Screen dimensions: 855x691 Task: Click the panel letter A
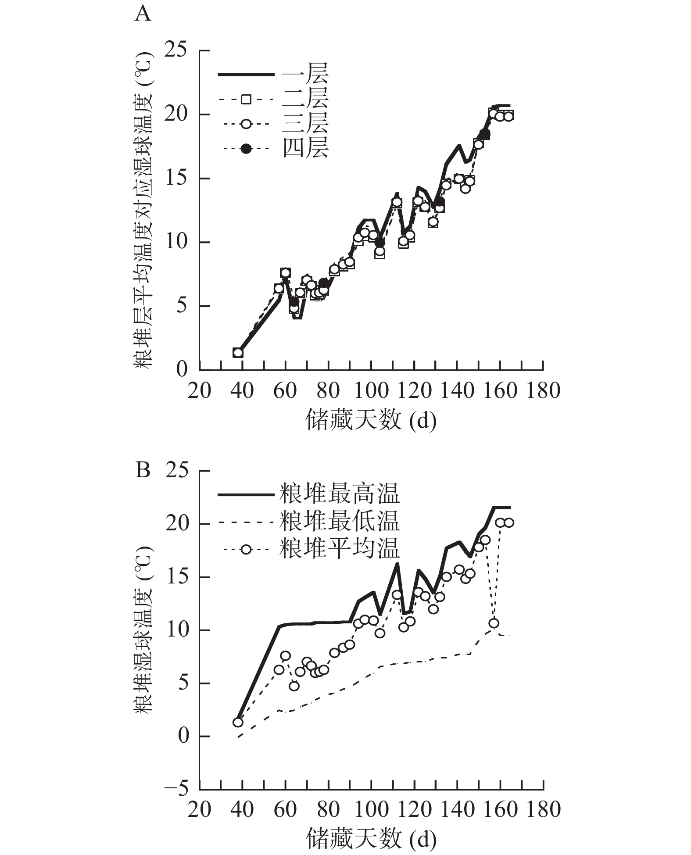tap(143, 14)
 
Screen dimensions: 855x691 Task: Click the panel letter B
tap(143, 471)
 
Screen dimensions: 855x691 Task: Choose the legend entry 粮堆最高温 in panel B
tap(339, 494)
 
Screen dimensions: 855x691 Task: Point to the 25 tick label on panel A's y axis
tap(175, 51)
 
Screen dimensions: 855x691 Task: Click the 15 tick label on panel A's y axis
tap(175, 179)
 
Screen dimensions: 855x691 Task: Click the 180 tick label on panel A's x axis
tap(543, 390)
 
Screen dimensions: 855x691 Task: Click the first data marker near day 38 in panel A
tap(238, 353)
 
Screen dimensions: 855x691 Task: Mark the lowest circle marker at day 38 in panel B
tap(238, 723)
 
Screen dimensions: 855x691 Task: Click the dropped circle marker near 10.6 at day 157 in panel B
tap(494, 623)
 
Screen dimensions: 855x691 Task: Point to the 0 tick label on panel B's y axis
tap(182, 737)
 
